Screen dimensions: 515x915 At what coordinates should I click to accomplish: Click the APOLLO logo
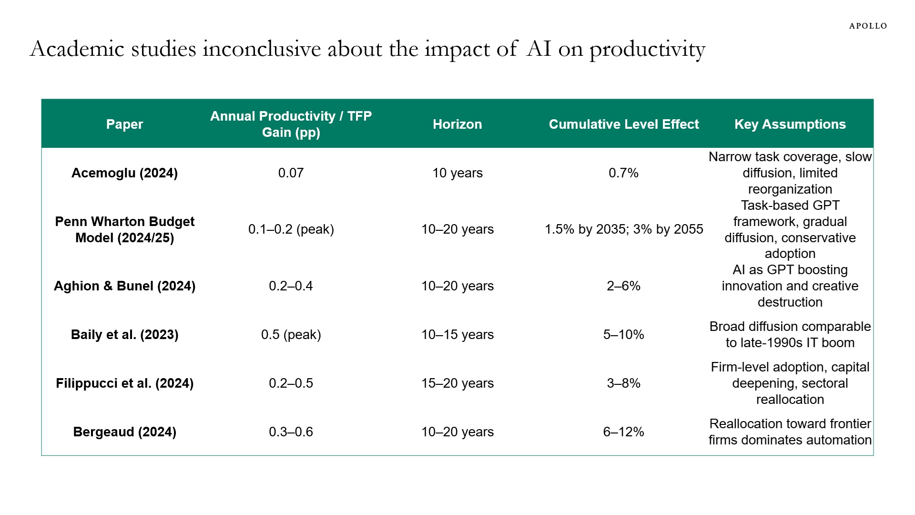[x=868, y=26]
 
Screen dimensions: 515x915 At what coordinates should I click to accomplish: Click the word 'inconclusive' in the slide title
[x=261, y=49]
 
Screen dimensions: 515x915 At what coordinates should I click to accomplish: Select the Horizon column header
[x=457, y=124]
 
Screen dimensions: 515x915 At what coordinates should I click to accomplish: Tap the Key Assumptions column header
[x=790, y=124]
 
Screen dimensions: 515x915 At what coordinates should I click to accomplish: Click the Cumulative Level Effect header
[x=623, y=124]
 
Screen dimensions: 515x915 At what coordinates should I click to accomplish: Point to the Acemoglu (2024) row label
[x=124, y=173]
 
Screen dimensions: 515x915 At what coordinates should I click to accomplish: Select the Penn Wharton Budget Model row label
[x=124, y=229]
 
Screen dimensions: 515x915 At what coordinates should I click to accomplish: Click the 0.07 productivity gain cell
[x=291, y=173]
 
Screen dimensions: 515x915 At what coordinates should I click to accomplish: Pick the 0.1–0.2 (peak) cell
[x=291, y=229]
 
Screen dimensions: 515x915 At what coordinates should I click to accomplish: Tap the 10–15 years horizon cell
[x=457, y=335]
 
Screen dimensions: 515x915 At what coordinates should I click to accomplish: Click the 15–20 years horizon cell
[x=457, y=383]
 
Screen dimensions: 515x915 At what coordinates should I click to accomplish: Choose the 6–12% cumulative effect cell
[x=623, y=432]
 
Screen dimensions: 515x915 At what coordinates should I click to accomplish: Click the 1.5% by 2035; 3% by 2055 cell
[x=623, y=229]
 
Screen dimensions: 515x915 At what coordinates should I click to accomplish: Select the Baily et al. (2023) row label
[x=124, y=335]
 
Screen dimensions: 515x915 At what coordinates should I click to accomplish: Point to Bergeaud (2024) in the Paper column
[x=124, y=432]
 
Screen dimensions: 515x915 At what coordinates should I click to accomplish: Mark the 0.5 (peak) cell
[x=291, y=335]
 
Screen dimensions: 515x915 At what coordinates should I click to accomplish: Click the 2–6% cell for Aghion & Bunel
[x=623, y=286]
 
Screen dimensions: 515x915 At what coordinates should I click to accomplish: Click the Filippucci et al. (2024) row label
[x=124, y=383]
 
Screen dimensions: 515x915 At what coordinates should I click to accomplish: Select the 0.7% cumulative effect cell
[x=623, y=173]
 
